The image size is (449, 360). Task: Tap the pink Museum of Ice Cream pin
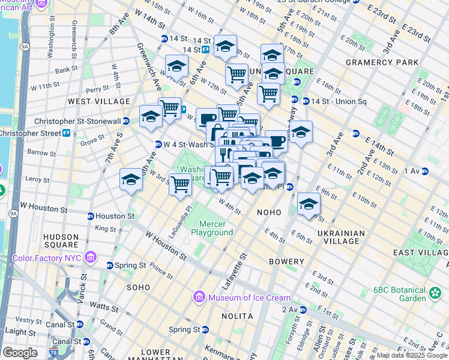[x=198, y=297]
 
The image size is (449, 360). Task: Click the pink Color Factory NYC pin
[x=91, y=258]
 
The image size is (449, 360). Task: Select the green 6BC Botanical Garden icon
[x=435, y=293]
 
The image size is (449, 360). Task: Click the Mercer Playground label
[x=212, y=228]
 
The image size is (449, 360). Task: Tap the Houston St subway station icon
[x=91, y=216]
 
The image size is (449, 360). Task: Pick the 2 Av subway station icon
[x=303, y=310]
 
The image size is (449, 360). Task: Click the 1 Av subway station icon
[x=425, y=172]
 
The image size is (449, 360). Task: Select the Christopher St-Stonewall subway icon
[x=126, y=121]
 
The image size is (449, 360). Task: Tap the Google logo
[x=20, y=353]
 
